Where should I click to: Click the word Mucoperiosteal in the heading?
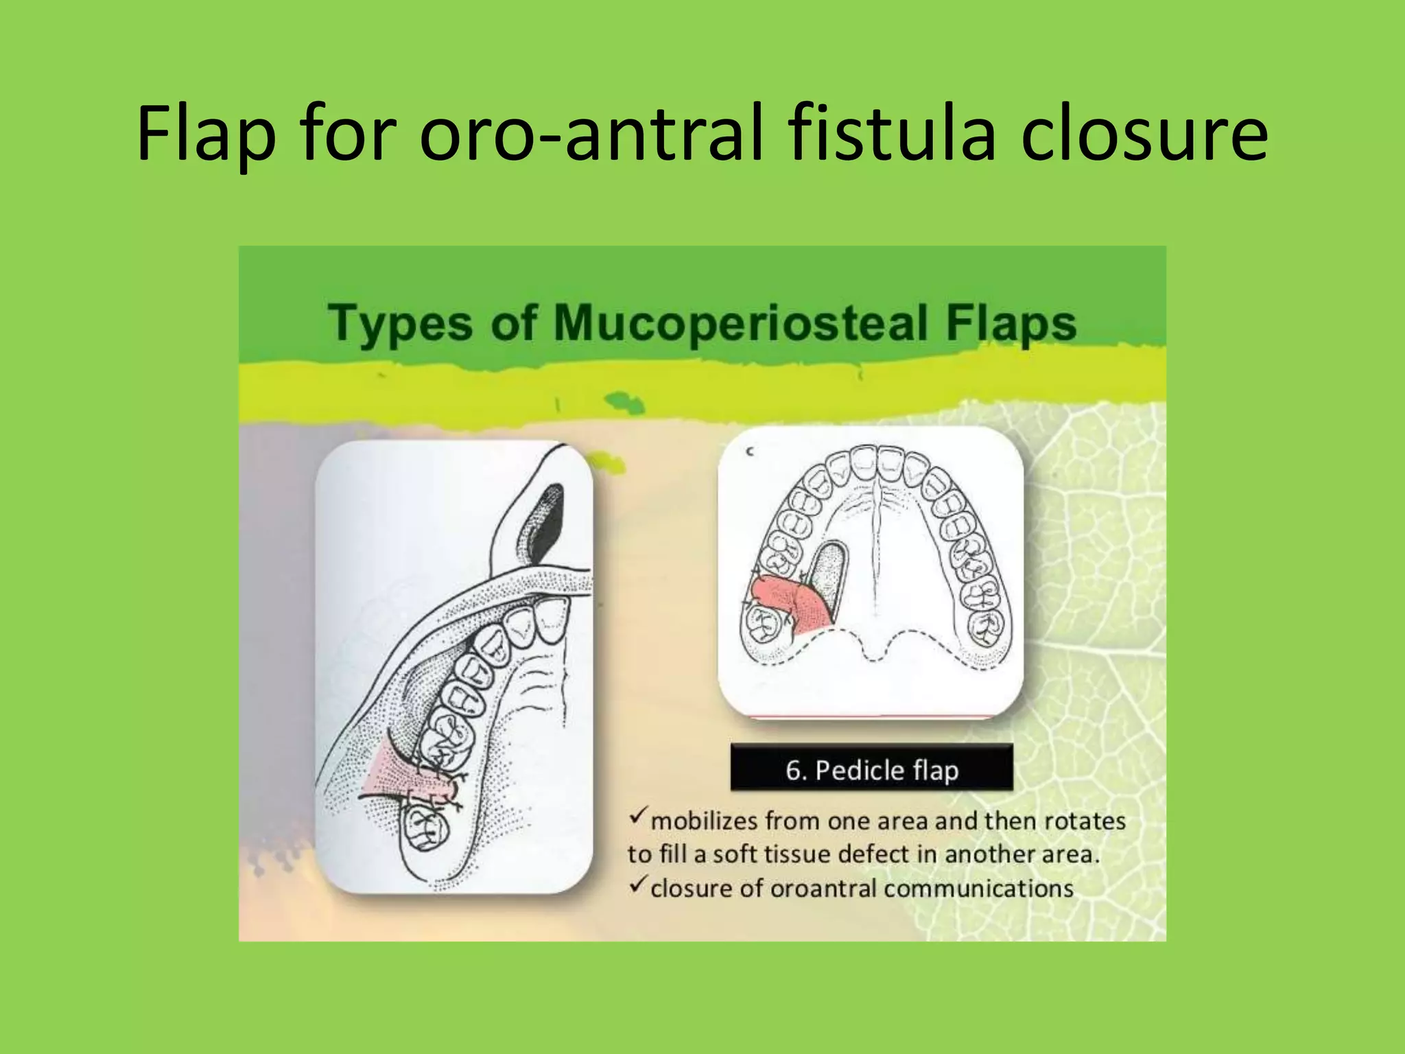pyautogui.click(x=740, y=323)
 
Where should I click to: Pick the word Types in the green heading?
pyautogui.click(x=401, y=323)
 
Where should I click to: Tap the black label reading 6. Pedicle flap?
pyautogui.click(x=871, y=770)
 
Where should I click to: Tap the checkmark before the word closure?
pyautogui.click(x=637, y=885)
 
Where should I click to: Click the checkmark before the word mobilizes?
pyautogui.click(x=637, y=816)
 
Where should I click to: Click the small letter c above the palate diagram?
pyautogui.click(x=750, y=452)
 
